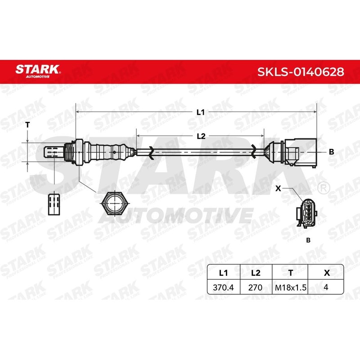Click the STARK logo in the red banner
38,71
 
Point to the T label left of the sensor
27,125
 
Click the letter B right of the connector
331,152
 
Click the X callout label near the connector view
278,189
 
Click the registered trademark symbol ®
322,186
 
